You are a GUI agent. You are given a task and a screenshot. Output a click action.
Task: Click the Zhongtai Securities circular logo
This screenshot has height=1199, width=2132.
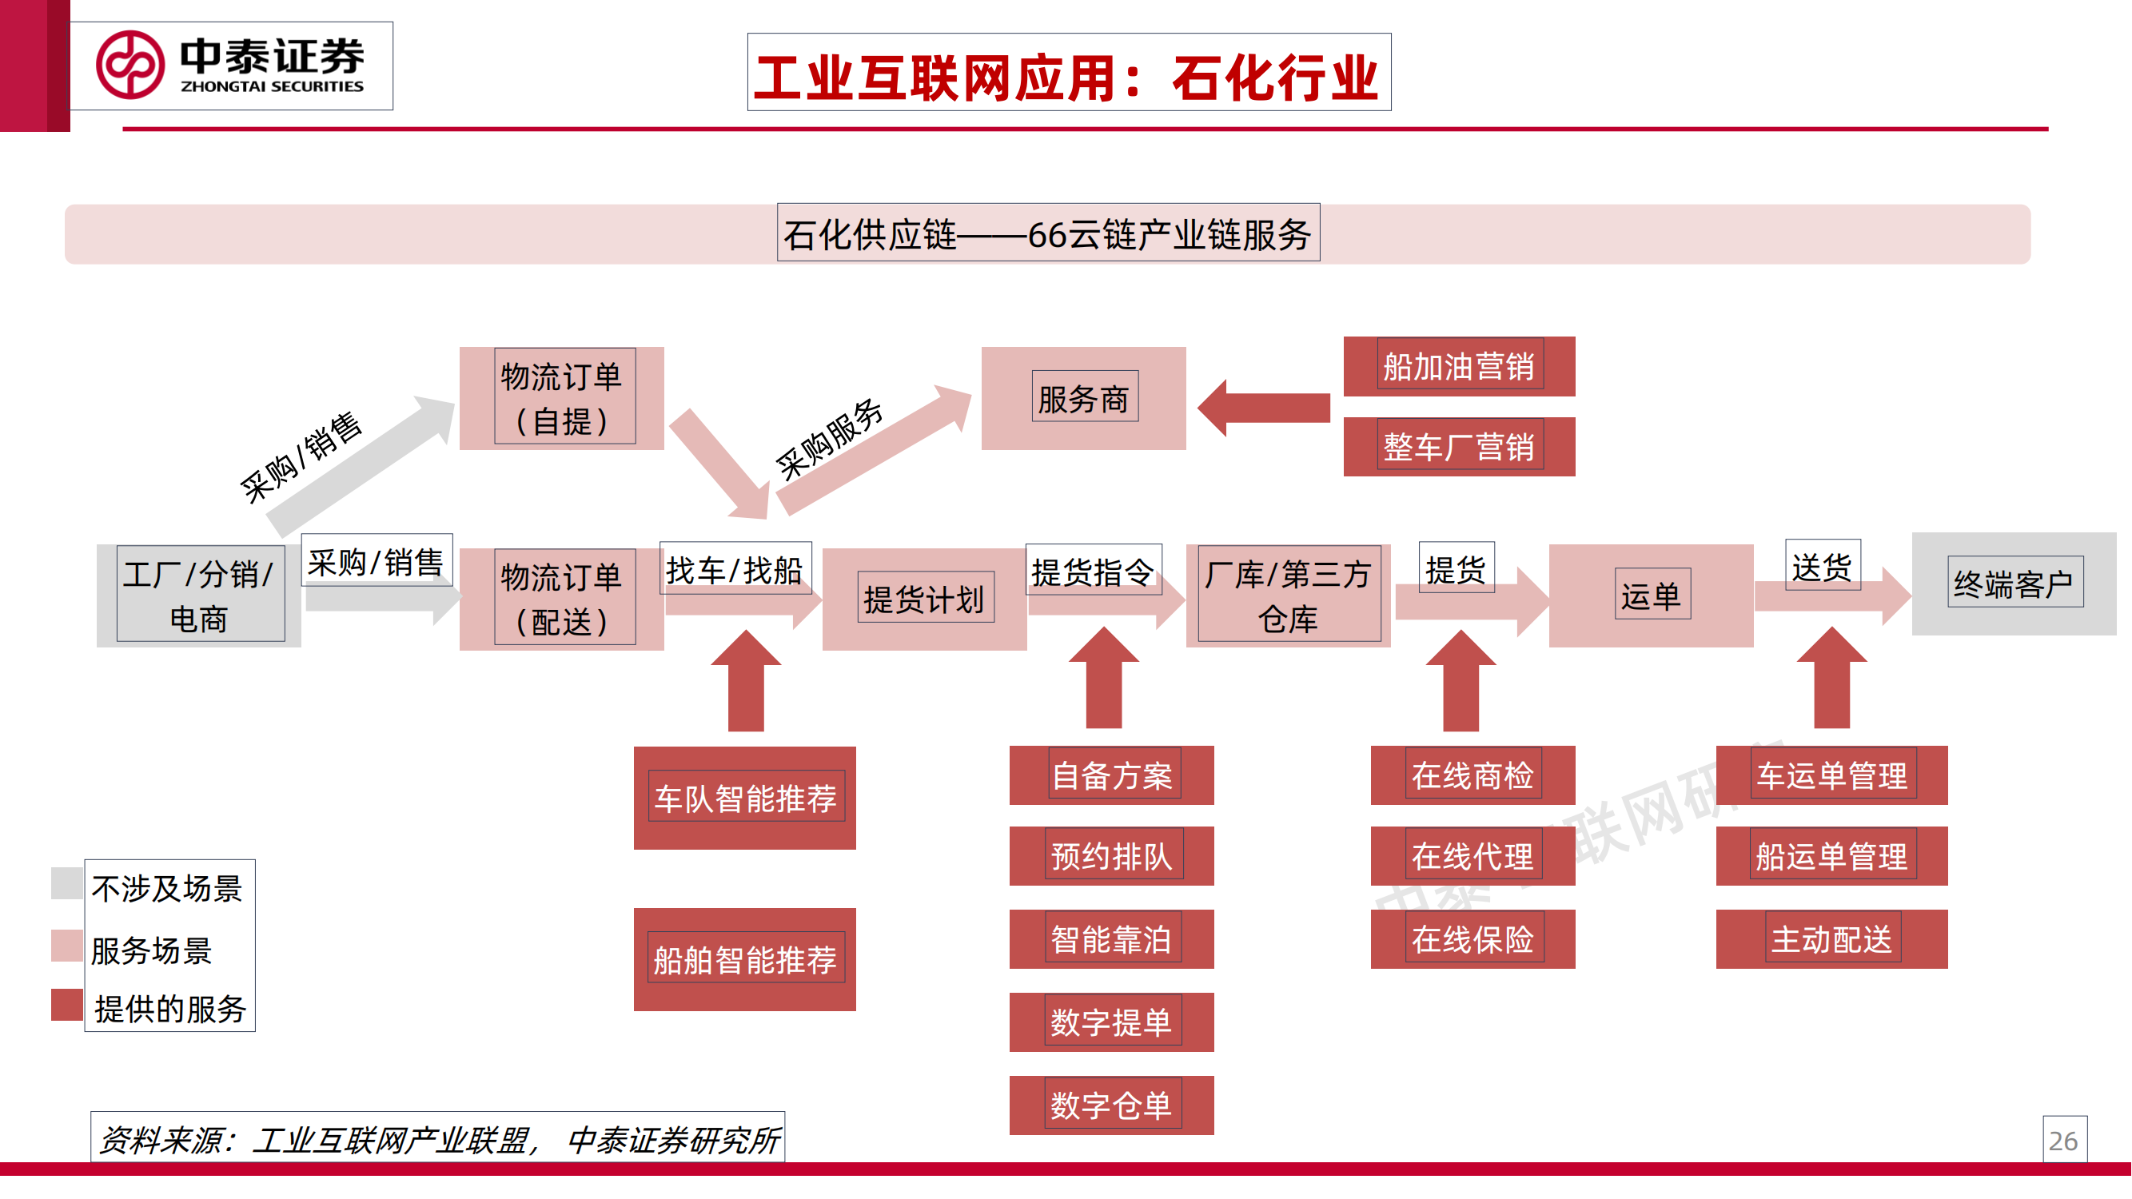pos(130,65)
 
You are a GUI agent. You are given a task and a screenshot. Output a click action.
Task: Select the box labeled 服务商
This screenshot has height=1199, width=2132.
pos(1083,398)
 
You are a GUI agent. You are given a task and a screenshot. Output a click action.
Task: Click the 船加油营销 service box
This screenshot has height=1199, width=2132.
pos(1458,366)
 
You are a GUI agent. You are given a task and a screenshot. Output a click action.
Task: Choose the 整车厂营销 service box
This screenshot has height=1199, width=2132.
pos(1458,447)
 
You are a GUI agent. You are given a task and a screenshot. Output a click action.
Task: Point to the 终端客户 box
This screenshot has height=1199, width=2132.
pos(2014,584)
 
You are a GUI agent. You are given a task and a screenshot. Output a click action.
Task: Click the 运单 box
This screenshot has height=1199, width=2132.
pos(1650,595)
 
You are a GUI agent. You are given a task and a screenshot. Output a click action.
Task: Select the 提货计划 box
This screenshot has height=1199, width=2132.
pos(923,598)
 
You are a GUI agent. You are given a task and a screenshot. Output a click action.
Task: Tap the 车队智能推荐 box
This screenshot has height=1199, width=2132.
pos(745,798)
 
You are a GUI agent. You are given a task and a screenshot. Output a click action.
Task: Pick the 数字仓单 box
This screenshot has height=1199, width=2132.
pos(1110,1105)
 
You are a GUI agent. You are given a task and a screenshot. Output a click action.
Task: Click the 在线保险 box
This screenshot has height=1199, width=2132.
pos(1472,938)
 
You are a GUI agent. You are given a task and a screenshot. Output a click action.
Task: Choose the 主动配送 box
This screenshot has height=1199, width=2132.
pos(1831,938)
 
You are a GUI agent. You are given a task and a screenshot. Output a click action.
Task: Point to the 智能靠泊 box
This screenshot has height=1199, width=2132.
pos(1110,938)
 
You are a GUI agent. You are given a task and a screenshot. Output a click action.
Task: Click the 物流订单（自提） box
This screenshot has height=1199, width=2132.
pos(561,398)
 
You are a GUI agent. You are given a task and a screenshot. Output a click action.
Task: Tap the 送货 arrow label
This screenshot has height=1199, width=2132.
pos(1822,566)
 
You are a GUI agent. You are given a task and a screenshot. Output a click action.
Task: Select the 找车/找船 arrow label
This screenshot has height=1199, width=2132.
pos(734,569)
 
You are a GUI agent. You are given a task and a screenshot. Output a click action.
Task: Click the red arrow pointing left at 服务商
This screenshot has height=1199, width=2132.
pos(1263,407)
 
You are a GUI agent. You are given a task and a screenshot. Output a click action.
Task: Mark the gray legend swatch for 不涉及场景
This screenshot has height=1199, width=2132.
pos(66,882)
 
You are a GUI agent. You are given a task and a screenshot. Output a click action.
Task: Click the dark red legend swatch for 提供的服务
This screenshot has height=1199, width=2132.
pos(66,1005)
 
